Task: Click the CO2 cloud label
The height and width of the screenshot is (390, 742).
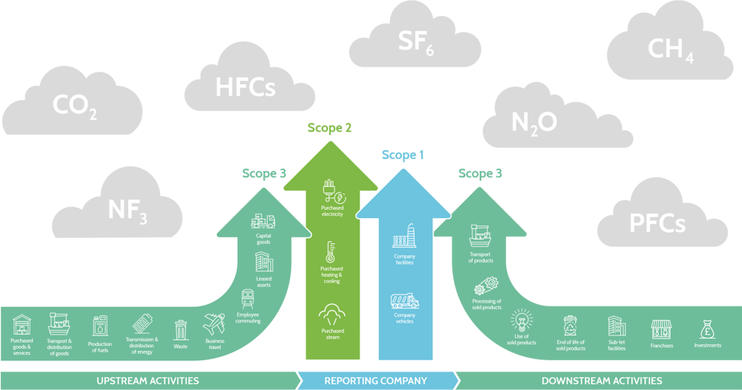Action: pos(75,106)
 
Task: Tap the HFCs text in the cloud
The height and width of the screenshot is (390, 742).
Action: pos(245,87)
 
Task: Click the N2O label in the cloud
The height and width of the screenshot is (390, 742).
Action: pos(533,122)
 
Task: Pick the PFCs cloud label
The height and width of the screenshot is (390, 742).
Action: pos(656,221)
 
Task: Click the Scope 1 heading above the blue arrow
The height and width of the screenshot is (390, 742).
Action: pos(403,154)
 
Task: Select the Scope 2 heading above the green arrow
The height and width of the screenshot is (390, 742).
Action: pos(329,128)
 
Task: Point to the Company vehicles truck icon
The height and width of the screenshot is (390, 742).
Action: pos(403,301)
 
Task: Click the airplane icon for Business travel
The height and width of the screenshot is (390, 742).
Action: pos(215,326)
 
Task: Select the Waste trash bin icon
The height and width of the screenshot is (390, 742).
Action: pos(180,328)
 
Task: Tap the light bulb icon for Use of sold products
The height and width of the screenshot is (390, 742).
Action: pos(522,320)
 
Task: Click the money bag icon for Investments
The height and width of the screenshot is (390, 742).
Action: pos(707,329)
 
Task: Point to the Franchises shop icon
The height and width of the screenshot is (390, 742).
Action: pos(661,329)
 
